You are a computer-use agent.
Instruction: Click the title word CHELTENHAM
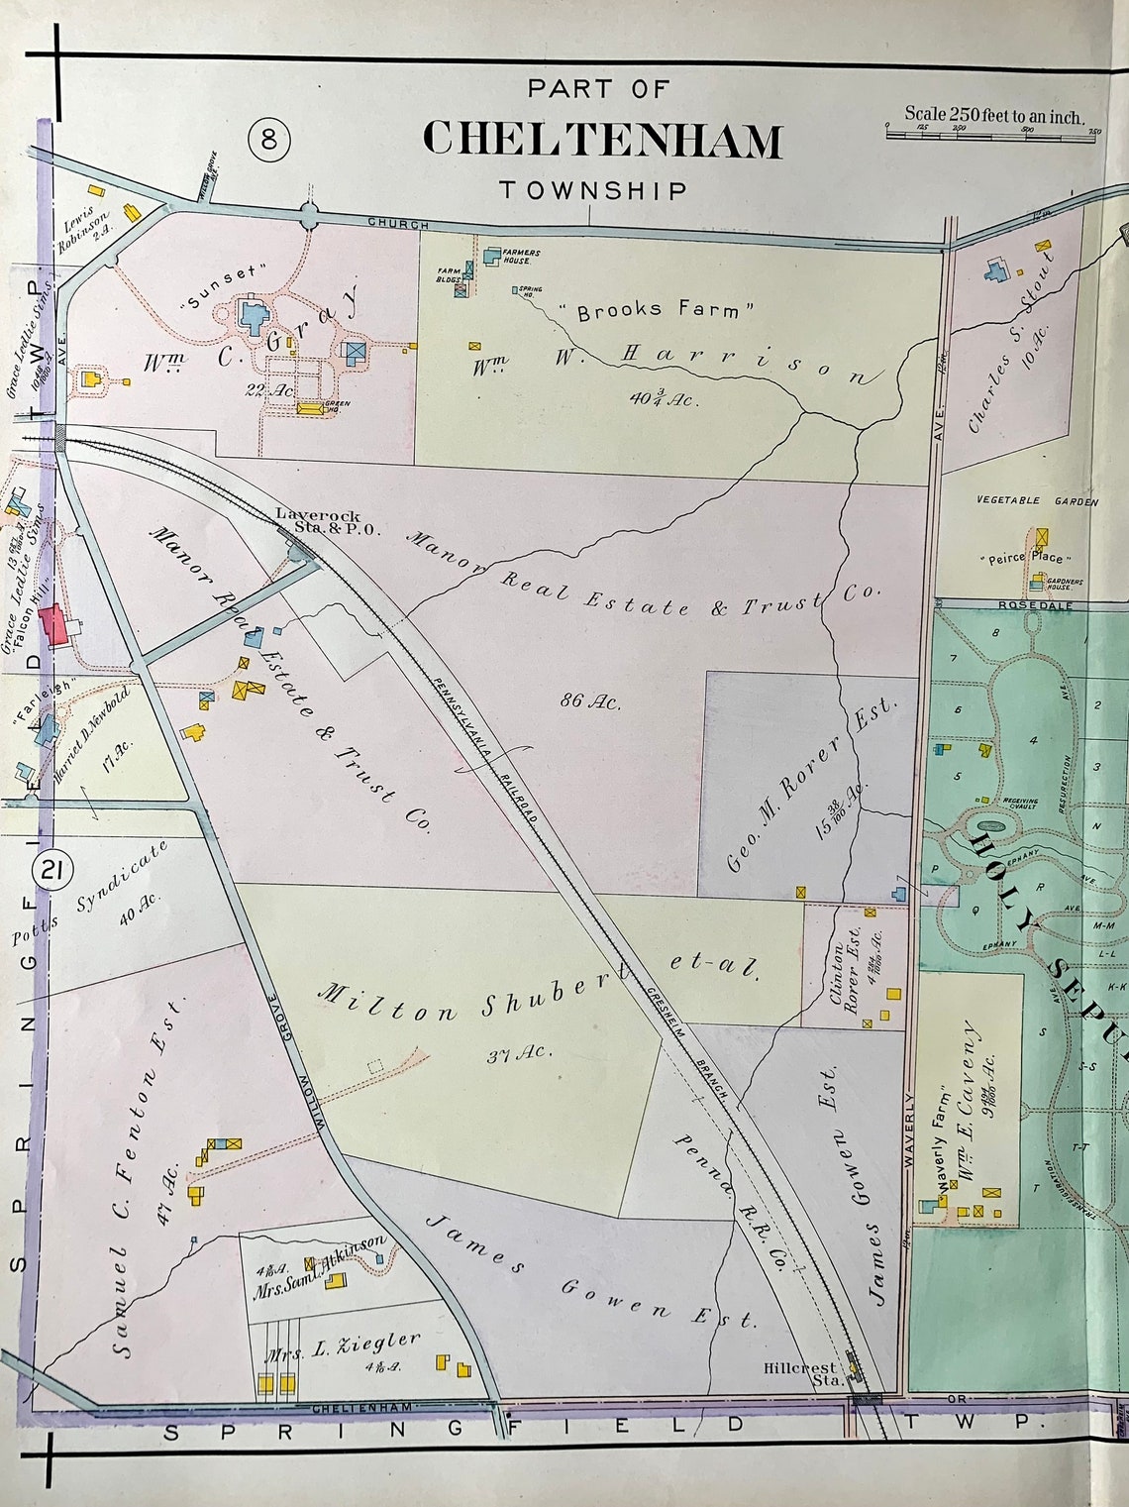[602, 140]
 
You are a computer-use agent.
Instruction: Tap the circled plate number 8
[269, 140]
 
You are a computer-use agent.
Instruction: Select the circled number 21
[52, 871]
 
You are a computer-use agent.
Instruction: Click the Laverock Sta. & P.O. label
[318, 521]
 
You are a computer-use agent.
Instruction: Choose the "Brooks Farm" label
[658, 310]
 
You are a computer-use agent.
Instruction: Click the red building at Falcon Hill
[58, 625]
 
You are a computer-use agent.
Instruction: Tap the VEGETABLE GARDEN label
[1037, 501]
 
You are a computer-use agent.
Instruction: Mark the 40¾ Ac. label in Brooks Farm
[664, 399]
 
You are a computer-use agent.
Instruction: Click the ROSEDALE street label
[1036, 603]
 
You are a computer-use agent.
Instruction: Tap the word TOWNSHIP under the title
[592, 190]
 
